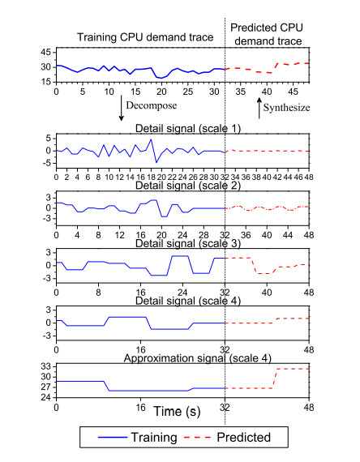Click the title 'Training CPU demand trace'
coord(145,38)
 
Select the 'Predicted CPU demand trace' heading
coord(267,34)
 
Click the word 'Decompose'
coord(152,105)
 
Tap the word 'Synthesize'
coord(286,108)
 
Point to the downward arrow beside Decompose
coord(121,108)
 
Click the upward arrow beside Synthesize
coord(259,108)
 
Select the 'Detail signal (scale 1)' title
coord(188,129)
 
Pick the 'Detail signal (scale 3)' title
coord(188,244)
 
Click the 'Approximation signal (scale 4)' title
coord(198,358)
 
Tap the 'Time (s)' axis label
coord(177,411)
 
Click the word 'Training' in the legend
coord(154,438)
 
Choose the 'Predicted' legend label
coord(243,437)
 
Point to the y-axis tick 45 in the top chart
coord(46,53)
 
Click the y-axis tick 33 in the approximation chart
coord(46,367)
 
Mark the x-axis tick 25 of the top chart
coord(188,92)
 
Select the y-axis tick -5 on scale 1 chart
coord(45,163)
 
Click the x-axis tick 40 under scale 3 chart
coord(267,293)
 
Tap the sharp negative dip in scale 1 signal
coord(156,162)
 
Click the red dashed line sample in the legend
coord(197,437)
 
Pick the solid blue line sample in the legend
coord(113,437)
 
